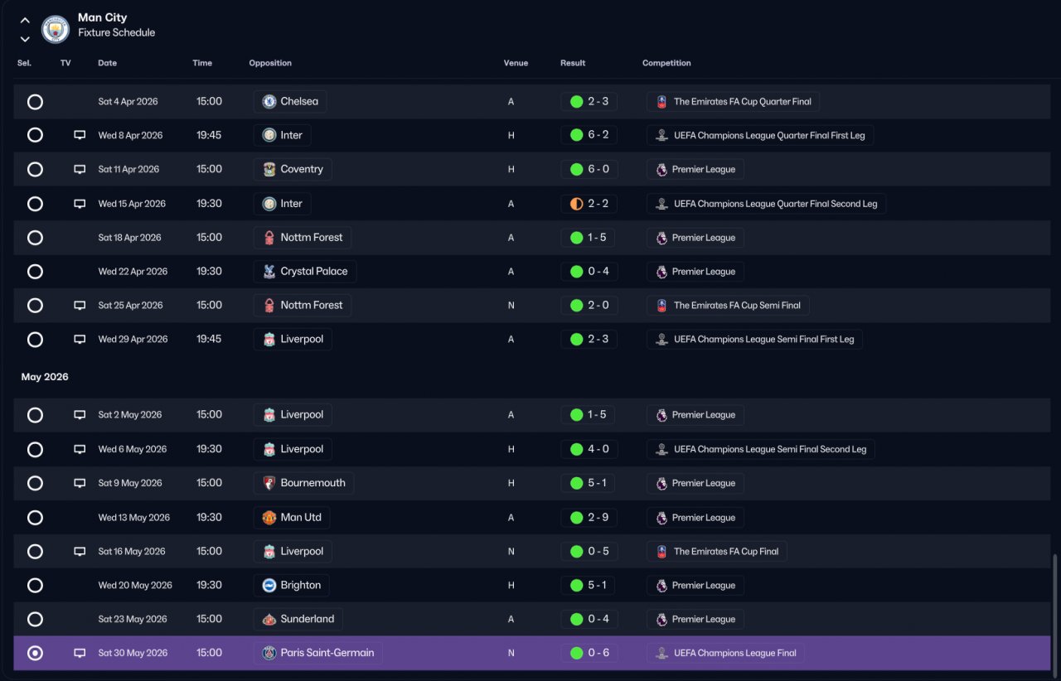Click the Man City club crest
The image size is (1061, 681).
click(56, 29)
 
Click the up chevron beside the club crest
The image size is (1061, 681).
click(25, 21)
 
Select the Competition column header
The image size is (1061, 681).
click(666, 63)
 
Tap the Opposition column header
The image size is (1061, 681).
click(270, 63)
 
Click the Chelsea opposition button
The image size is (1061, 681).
click(290, 101)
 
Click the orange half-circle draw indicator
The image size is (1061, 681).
click(576, 204)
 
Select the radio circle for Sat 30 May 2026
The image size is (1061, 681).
click(35, 653)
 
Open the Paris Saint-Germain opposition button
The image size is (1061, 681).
click(317, 653)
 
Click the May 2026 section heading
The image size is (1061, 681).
click(45, 377)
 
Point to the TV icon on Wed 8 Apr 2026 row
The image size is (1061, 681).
click(80, 135)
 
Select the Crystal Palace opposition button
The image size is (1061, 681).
click(305, 272)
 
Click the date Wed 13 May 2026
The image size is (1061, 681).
click(133, 518)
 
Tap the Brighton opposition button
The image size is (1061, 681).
click(291, 586)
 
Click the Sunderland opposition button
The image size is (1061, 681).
click(298, 619)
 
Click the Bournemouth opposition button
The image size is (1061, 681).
click(303, 483)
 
